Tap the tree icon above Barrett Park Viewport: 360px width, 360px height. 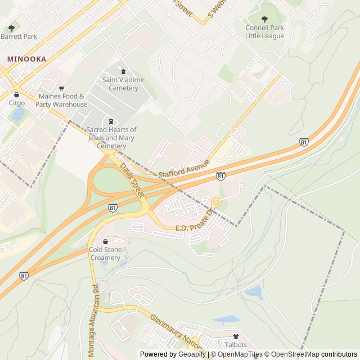click(11, 28)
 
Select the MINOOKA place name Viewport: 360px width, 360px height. click(26, 58)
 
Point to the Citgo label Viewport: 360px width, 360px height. click(17, 103)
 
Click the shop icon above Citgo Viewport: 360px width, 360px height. click(17, 94)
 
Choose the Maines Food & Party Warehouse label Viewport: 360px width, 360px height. click(61, 100)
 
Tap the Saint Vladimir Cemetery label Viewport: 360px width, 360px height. click(123, 84)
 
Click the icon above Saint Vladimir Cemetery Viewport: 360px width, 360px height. click(124, 71)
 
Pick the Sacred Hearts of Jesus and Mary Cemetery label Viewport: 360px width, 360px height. click(111, 138)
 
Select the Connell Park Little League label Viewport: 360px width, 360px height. click(264, 32)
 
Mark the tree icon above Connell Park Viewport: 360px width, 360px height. click(265, 19)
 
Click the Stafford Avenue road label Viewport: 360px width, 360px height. click(184, 168)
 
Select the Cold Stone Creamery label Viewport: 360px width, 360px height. click(105, 254)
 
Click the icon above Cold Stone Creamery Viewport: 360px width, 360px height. click(105, 242)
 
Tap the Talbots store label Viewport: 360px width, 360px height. click(236, 344)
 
